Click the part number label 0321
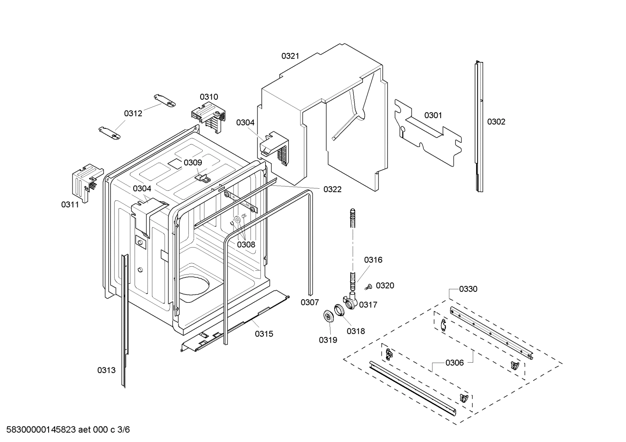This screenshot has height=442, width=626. pyautogui.click(x=290, y=56)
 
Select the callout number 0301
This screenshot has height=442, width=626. pyautogui.click(x=433, y=115)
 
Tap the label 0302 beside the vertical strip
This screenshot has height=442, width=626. pyautogui.click(x=496, y=121)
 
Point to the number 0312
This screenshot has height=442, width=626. pyautogui.click(x=133, y=113)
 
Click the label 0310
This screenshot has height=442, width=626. pyautogui.click(x=209, y=97)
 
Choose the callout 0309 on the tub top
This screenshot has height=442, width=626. pyautogui.click(x=193, y=162)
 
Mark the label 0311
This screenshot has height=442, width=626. pyautogui.click(x=70, y=204)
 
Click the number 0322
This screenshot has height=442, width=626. pyautogui.click(x=332, y=189)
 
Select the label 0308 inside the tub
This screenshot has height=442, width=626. pyautogui.click(x=246, y=244)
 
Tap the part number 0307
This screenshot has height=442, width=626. pyautogui.click(x=310, y=302)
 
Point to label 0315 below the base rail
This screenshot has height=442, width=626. pyautogui.click(x=264, y=334)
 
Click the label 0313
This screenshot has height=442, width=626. pyautogui.click(x=106, y=370)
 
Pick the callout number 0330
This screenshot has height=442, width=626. pyautogui.click(x=468, y=289)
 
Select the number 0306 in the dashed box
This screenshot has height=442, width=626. pyautogui.click(x=454, y=363)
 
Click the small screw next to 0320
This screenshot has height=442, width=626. pyautogui.click(x=368, y=286)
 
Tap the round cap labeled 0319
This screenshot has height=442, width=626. pyautogui.click(x=329, y=317)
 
